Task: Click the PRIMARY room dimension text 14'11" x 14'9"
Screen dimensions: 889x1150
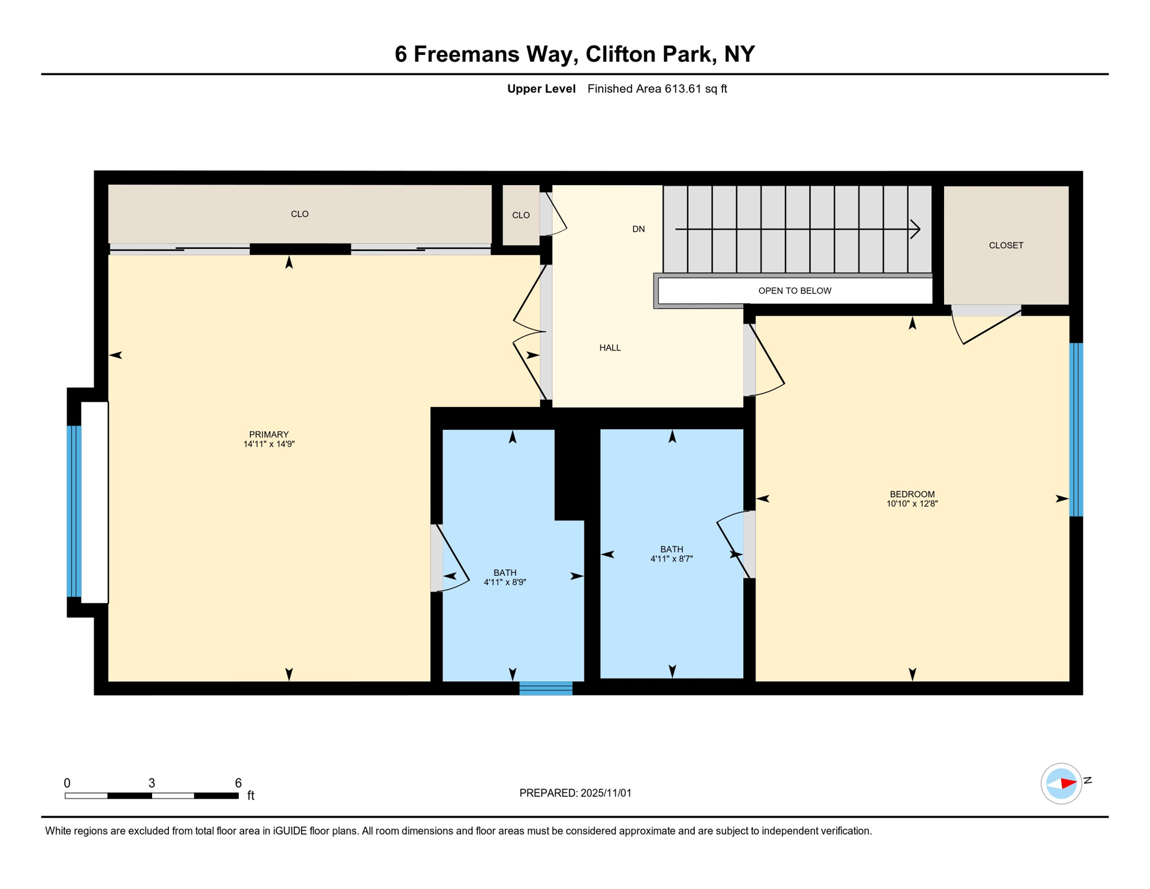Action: pos(269,444)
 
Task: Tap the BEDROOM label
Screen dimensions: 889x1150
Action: pos(912,494)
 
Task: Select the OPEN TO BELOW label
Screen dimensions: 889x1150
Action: pos(794,291)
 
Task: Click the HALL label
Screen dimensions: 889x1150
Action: pos(610,348)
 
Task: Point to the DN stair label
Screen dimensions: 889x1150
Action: pos(638,229)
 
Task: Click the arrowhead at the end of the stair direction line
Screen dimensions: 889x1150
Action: pos(916,229)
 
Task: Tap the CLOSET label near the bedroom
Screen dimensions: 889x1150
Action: pos(1005,245)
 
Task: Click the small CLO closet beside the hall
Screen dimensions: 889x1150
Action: pos(521,215)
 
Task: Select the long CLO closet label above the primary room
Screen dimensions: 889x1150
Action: pos(299,214)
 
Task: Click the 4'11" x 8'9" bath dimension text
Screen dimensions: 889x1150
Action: pos(504,582)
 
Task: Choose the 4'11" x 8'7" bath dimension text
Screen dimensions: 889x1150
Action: pos(671,559)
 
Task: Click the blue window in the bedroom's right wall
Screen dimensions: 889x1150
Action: pos(1075,429)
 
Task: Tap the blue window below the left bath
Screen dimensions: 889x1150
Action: pos(545,688)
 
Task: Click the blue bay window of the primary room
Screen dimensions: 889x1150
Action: pos(74,511)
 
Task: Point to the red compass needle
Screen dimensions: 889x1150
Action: pos(1068,784)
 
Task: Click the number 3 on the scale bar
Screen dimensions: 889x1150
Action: pos(152,783)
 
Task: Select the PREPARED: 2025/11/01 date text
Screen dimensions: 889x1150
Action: pos(575,793)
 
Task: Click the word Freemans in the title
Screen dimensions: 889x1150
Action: pos(466,54)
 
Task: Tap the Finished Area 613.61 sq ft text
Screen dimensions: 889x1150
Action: pos(657,89)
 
